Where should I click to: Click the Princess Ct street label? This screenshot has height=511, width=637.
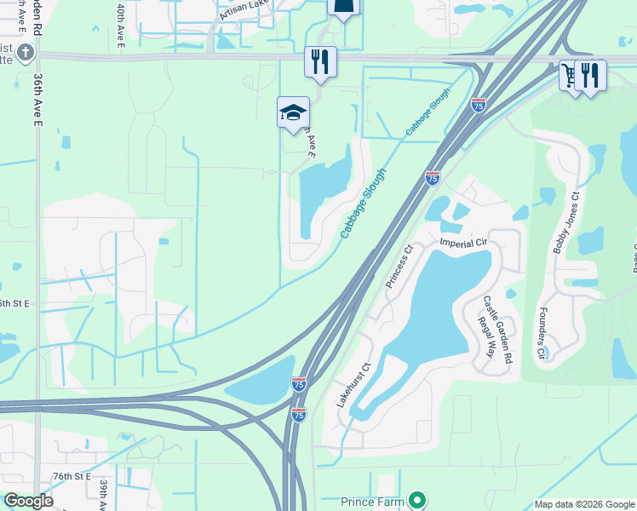tap(399, 267)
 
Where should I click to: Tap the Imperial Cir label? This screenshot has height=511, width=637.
tap(462, 243)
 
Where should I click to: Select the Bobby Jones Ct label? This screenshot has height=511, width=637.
tap(565, 222)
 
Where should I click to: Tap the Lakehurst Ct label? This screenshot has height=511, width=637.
tap(354, 385)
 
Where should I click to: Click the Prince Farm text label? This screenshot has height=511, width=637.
tap(372, 501)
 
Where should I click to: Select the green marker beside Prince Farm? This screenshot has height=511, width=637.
tap(416, 500)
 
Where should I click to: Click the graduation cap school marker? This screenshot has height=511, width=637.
tap(293, 112)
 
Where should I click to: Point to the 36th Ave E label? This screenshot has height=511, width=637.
tap(38, 98)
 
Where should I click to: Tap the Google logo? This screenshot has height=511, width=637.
tap(28, 500)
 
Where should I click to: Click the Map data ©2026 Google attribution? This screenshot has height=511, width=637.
tap(584, 504)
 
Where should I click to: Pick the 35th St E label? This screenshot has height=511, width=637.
tap(14, 303)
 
